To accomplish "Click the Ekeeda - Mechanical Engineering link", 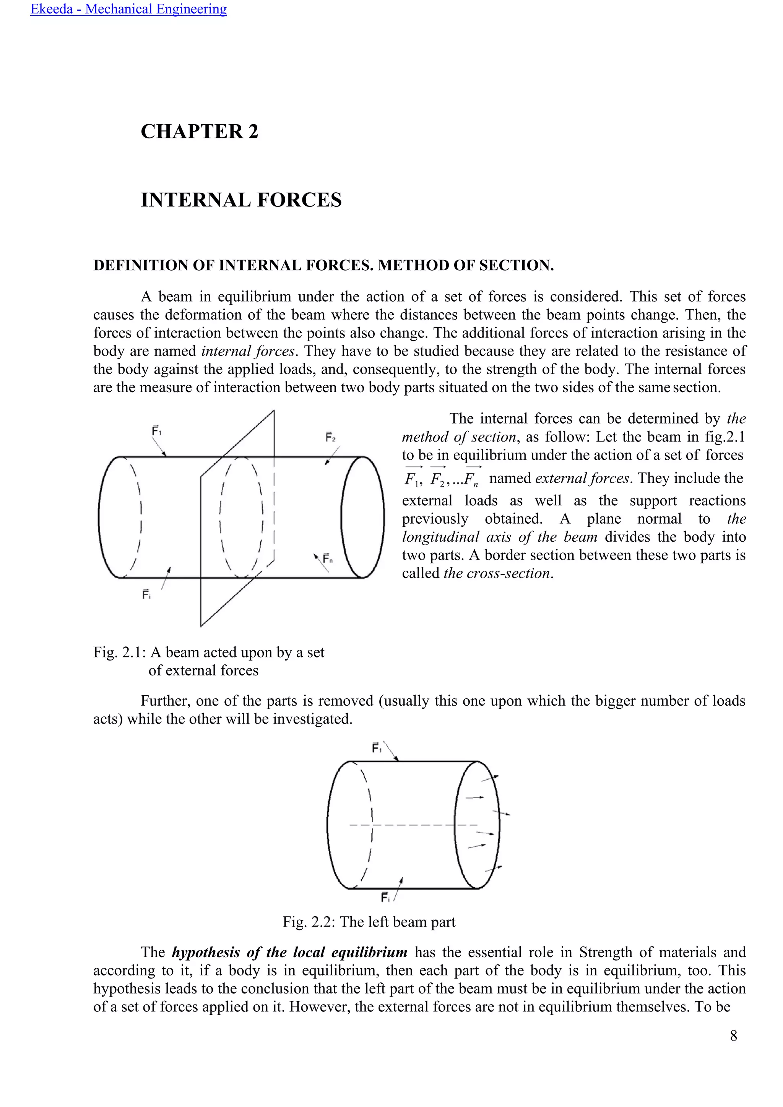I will point(128,9).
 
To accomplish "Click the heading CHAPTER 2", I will point(199,131).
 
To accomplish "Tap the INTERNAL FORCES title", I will point(241,200).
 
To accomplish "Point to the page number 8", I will point(733,1036).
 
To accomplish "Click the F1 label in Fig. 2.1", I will point(157,430).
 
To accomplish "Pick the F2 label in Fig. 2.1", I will point(330,437).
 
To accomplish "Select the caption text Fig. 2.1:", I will point(120,653).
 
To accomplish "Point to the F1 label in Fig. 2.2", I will point(377,748).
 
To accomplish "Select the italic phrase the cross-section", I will point(497,573).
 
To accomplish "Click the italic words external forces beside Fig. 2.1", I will point(582,478).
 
